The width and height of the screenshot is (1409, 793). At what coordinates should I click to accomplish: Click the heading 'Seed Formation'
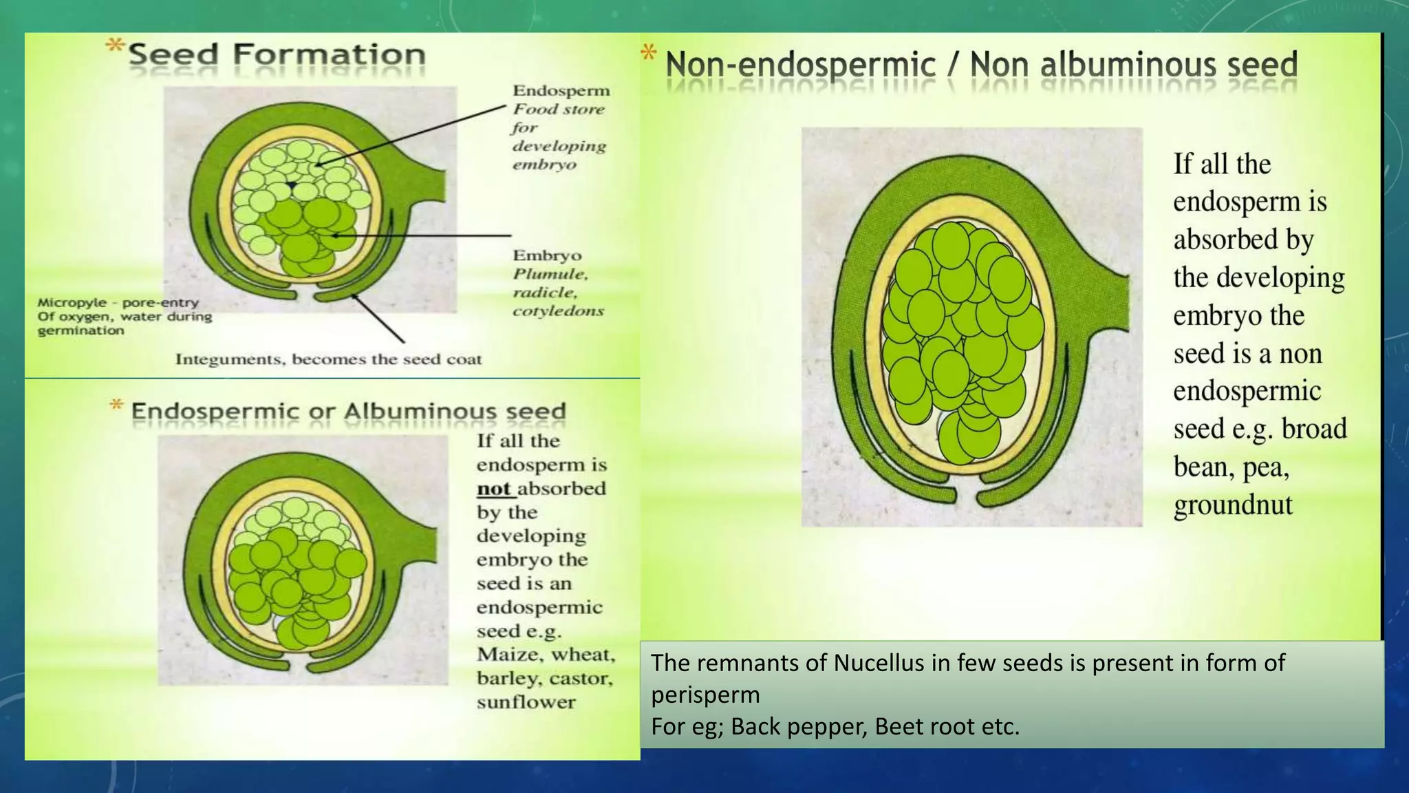tap(277, 55)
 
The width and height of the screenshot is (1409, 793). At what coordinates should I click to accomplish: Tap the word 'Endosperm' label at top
tap(561, 91)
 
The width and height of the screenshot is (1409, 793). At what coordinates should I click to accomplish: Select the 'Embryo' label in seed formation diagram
tap(547, 255)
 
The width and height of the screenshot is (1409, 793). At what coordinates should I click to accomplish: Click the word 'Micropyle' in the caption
tap(72, 303)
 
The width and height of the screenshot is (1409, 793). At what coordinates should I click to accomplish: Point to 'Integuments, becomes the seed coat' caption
tap(328, 359)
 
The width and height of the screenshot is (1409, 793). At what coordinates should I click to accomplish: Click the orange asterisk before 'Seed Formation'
tap(114, 47)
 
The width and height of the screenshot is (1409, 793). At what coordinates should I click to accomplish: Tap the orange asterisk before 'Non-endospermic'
tap(648, 53)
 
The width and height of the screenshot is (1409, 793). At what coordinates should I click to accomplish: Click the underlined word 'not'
tap(494, 489)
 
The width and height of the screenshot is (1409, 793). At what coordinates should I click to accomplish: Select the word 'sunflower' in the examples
tap(526, 702)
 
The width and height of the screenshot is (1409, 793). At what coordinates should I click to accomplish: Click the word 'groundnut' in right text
tap(1233, 505)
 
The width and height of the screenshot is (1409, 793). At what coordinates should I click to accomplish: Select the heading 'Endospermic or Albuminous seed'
tap(348, 412)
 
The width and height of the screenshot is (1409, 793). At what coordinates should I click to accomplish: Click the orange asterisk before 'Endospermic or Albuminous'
tap(117, 405)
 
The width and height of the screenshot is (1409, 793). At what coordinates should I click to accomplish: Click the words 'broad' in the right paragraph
tap(1313, 429)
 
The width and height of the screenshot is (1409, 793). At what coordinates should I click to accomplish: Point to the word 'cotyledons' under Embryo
tap(558, 311)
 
